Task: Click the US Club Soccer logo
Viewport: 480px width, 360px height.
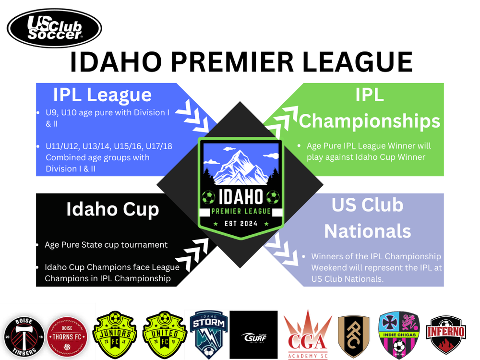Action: [x=54, y=29]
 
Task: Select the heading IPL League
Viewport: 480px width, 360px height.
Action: [x=102, y=95]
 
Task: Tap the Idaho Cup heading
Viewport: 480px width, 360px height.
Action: [x=112, y=209]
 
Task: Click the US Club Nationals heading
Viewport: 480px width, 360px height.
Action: [x=367, y=218]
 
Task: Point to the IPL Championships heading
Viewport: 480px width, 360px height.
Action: [x=370, y=108]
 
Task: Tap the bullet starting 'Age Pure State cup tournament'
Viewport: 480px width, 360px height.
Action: [x=106, y=245]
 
